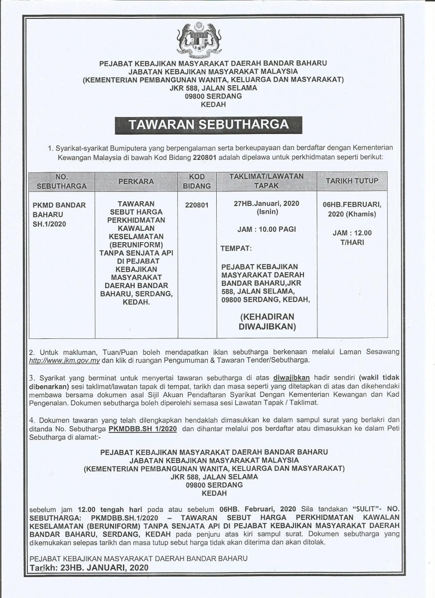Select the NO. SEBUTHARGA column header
62,181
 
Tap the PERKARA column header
136,181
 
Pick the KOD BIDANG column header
197,181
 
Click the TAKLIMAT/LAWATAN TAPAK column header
267,181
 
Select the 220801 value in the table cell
197,204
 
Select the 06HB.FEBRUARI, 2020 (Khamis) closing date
352,209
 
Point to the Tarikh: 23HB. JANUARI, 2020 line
88,568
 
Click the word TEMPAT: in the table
236,248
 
